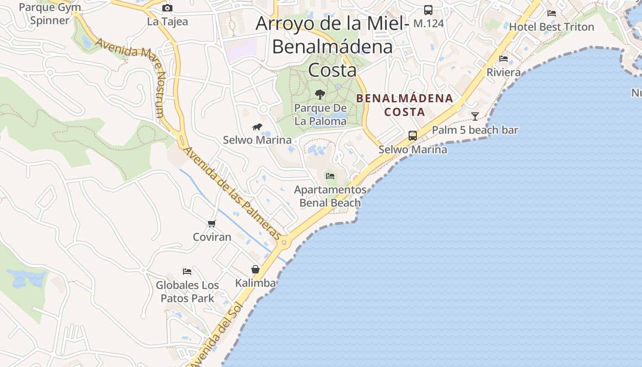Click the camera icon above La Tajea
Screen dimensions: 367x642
[167, 8]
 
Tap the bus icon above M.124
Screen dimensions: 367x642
[428, 10]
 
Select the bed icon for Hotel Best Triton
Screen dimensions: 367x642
[552, 13]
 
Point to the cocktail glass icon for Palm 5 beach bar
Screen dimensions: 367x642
[475, 116]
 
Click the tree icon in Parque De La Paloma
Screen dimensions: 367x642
[320, 95]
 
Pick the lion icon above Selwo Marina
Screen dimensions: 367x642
[257, 127]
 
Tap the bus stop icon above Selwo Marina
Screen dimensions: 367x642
[413, 135]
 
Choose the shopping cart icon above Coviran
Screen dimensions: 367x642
[211, 223]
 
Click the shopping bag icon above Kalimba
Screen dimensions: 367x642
[255, 269]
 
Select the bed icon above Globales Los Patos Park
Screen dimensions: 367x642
[187, 271]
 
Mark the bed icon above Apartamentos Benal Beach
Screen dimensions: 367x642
[330, 176]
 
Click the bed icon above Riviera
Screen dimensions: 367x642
[504, 59]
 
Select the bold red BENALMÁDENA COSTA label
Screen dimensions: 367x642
[404, 105]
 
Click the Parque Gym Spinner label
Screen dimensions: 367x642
[50, 14]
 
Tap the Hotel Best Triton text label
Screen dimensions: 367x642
[552, 27]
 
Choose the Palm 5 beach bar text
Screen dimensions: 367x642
[475, 130]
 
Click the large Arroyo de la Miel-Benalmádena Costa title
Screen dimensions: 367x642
[332, 46]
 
